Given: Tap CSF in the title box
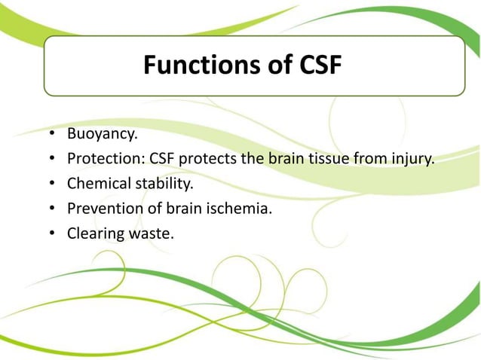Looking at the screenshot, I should (x=316, y=67).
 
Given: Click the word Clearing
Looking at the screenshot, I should (x=94, y=233).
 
